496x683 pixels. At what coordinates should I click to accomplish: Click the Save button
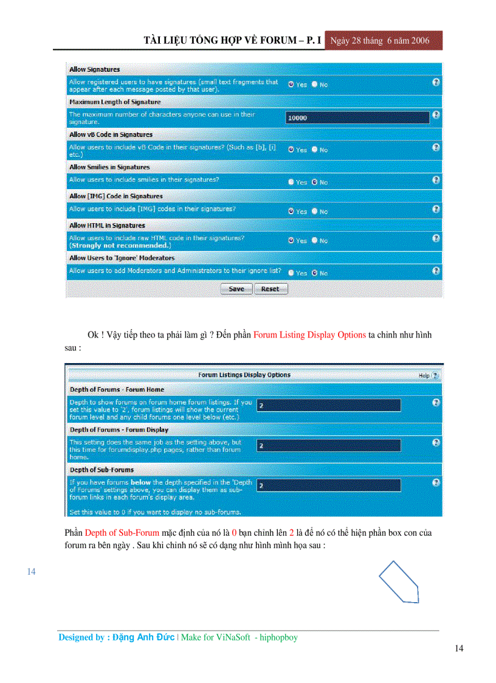click(x=236, y=289)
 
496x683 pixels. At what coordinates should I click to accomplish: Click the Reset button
click(x=270, y=289)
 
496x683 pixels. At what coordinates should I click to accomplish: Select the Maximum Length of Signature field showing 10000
click(x=357, y=117)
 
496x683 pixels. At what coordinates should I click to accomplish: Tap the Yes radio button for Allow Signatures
click(x=291, y=85)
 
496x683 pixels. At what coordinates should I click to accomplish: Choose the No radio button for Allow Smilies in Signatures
click(x=315, y=182)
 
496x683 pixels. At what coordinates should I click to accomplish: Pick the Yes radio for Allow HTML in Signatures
click(x=291, y=241)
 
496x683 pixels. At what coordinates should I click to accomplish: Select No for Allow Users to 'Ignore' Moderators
click(x=315, y=273)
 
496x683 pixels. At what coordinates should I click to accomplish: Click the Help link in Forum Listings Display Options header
click(x=428, y=376)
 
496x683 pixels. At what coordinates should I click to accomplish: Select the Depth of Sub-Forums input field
click(x=328, y=485)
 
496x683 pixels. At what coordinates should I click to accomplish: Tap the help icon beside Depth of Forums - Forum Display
click(x=436, y=443)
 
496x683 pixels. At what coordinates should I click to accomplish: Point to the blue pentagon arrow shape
click(x=399, y=582)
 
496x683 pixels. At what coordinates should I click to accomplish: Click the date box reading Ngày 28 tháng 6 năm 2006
click(x=384, y=41)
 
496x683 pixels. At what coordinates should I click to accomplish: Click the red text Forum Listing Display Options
click(x=309, y=335)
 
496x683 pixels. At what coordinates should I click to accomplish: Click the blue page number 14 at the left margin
click(x=32, y=572)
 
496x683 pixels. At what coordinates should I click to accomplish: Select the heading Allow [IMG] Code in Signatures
click(x=115, y=196)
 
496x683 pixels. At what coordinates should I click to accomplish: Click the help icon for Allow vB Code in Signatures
click(x=436, y=147)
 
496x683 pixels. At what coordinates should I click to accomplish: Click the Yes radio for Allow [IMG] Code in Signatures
click(x=291, y=212)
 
